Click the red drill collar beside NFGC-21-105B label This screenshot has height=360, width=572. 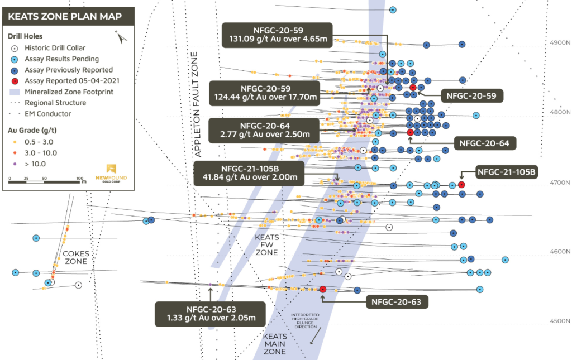(461, 185)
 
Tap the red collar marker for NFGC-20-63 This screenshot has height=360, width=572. (323, 289)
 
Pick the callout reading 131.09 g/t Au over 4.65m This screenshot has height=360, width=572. (277, 35)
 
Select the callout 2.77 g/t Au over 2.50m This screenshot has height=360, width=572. (264, 129)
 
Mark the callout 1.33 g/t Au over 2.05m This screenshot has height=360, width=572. (210, 314)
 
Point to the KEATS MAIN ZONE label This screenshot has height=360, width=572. (275, 344)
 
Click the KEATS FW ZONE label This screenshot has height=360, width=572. (266, 245)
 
